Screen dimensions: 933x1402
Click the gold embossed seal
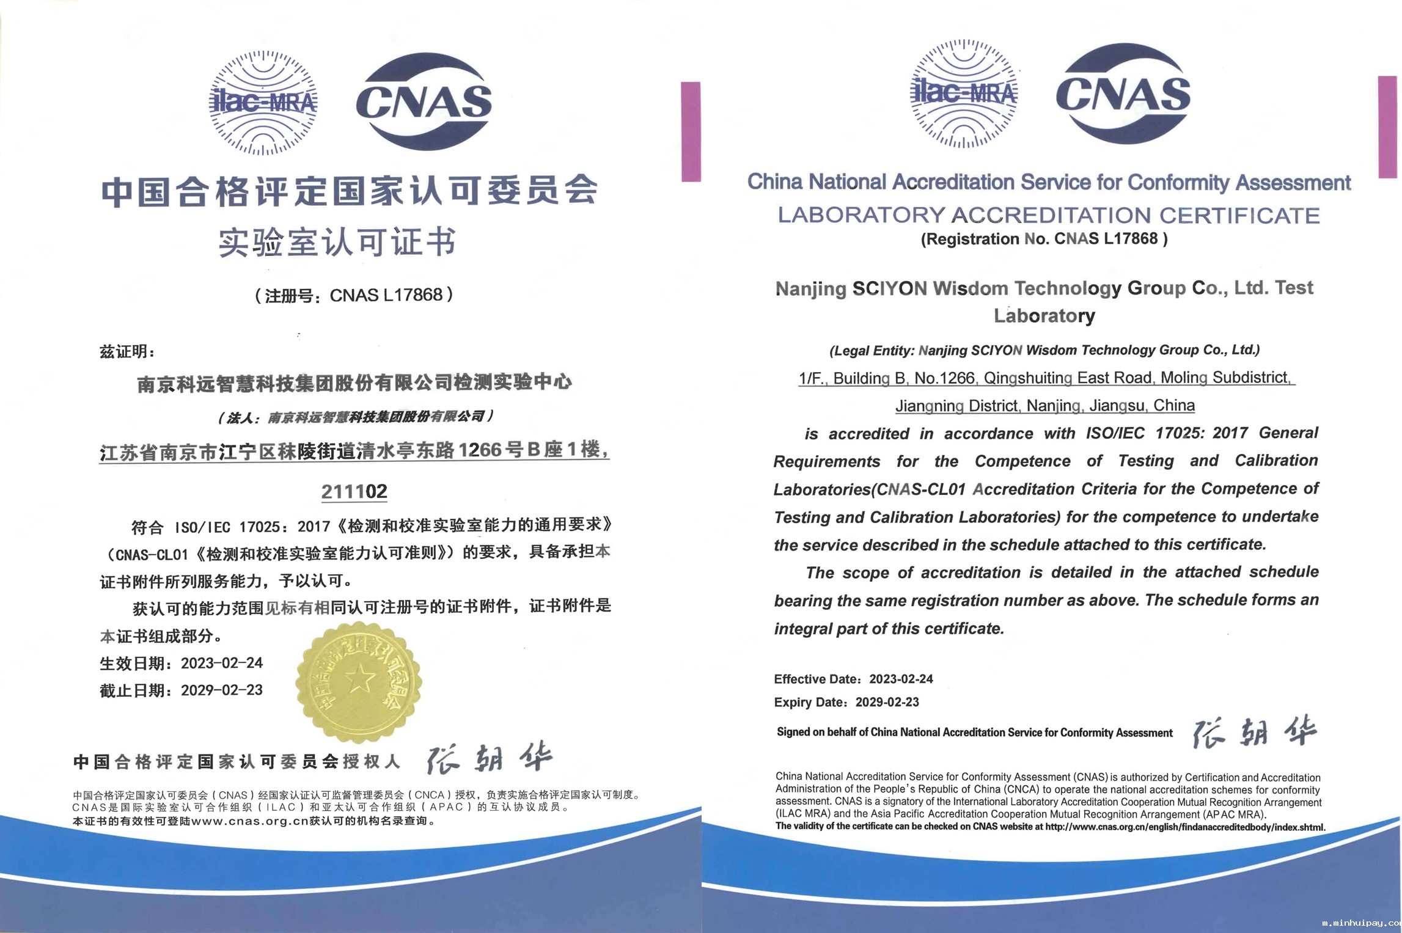coord(359,682)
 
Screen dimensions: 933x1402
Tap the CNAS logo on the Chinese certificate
coord(424,101)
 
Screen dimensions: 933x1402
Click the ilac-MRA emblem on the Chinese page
coord(263,103)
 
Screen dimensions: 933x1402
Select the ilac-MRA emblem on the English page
coord(964,93)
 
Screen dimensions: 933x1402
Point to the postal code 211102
coord(354,491)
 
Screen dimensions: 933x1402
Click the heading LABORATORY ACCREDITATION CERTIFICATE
coord(1049,215)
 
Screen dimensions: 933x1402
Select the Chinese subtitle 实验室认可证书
coord(337,242)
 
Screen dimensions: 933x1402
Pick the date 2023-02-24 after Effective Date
coord(901,679)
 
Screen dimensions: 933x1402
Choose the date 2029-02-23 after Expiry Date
coord(887,702)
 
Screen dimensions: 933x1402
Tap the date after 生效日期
coord(222,663)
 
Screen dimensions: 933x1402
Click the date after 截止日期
coord(222,690)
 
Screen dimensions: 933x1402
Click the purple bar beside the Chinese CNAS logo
coord(691,131)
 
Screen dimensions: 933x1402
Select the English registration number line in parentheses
coord(1044,239)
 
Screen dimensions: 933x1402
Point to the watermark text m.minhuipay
coord(1360,923)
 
